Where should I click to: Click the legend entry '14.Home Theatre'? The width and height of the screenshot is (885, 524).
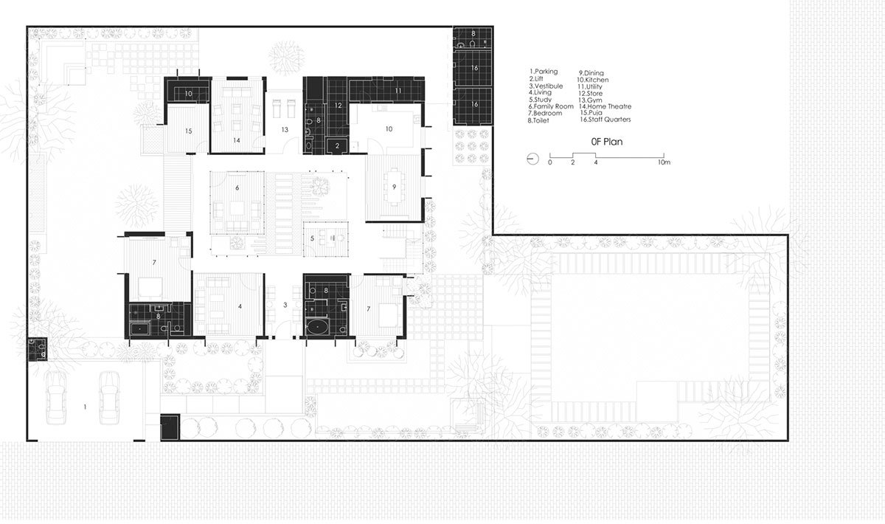pos(604,106)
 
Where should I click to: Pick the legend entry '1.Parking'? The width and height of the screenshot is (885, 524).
pos(544,72)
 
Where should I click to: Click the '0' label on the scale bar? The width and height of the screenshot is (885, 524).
pos(549,162)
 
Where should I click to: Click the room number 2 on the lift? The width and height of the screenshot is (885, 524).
pos(337,146)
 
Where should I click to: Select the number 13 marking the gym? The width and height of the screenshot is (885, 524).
pos(284,129)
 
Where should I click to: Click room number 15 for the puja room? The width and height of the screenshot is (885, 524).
pos(188,131)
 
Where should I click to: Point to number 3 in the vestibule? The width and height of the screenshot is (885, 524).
pos(285,304)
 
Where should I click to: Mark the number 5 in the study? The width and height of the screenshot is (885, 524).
pos(313,238)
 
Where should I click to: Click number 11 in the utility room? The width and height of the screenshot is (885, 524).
pos(398,90)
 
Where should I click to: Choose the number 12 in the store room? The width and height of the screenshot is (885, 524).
pos(336,106)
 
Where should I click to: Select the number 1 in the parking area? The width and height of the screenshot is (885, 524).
pos(85,406)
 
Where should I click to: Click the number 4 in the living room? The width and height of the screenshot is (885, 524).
pos(240,305)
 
